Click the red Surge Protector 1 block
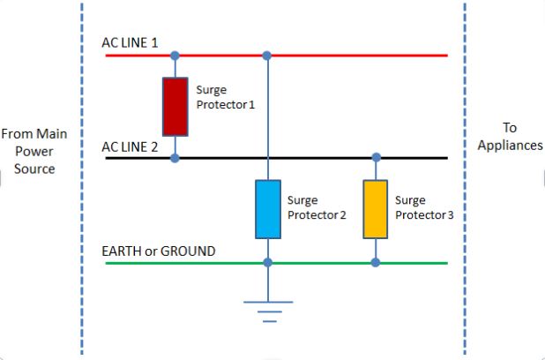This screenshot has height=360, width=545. coord(175,106)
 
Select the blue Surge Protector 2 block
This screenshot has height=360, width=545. coord(267,209)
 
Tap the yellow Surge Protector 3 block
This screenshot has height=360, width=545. coord(376,209)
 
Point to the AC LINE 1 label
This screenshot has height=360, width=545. coord(131,42)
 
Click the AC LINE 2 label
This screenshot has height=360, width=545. coord(131,146)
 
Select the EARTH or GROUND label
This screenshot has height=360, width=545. coord(160,251)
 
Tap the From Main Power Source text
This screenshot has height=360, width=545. coord(34,151)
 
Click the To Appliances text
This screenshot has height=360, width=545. coord(510,136)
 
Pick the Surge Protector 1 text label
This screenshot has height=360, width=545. coord(225,97)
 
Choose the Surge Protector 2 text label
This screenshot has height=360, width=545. coord(316,208)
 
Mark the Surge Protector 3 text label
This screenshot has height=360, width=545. coord(424,208)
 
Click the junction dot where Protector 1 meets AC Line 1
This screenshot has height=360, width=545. coord(175,56)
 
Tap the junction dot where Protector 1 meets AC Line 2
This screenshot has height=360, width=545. coord(175,158)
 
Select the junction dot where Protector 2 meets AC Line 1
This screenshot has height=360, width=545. coord(267,56)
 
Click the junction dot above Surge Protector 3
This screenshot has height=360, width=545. coord(376,158)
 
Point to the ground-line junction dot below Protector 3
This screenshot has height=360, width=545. coord(376,263)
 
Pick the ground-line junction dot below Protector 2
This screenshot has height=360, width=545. coord(267,263)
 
